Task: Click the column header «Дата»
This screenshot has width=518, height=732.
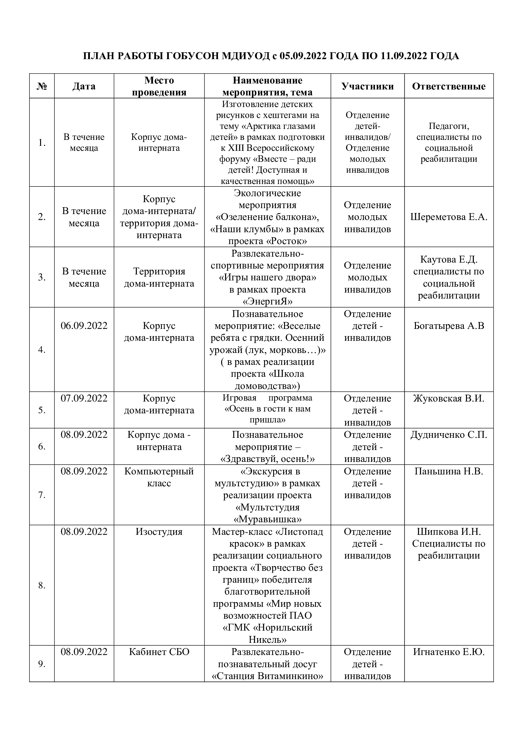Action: coord(84,86)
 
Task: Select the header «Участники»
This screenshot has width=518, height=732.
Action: coord(367,86)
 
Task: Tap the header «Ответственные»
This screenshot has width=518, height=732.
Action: coord(449,86)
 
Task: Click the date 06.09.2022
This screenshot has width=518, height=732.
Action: coord(84,325)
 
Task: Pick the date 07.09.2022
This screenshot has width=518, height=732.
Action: coord(84,398)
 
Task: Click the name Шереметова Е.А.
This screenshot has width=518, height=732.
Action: coord(449,217)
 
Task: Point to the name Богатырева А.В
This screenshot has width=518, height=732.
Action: coord(449,325)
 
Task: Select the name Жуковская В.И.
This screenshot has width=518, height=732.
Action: coord(449,398)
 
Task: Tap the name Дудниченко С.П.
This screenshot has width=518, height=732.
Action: coord(449,435)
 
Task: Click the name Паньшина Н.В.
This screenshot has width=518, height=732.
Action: coord(449,471)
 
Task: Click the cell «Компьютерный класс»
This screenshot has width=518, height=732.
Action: coord(159,477)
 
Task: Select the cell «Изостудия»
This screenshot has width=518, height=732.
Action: coord(159,531)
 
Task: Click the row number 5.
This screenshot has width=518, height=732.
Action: coord(42,410)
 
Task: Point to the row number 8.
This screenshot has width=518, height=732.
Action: coord(42,585)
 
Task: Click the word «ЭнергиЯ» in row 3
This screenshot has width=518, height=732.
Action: coord(267,301)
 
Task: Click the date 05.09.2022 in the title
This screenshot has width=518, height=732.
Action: coord(303,56)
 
